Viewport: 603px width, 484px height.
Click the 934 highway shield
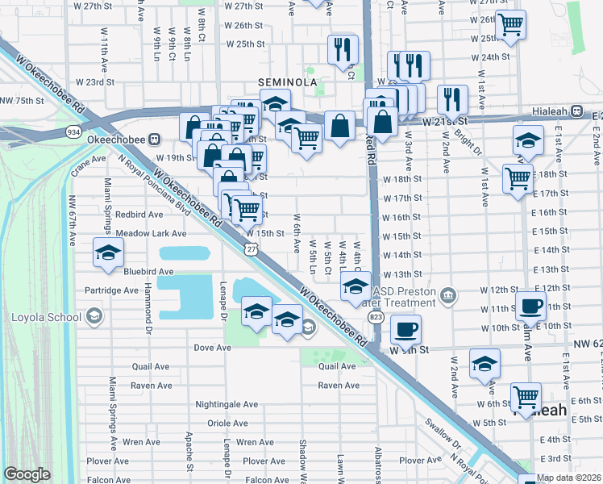point(74,131)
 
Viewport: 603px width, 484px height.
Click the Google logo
point(27,474)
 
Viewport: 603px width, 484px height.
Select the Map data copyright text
point(569,478)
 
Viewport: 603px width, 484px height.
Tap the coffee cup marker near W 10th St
point(405,329)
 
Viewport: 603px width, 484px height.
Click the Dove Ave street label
point(212,348)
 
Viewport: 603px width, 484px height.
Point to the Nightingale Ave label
point(227,404)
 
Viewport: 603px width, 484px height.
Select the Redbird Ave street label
point(117,215)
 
